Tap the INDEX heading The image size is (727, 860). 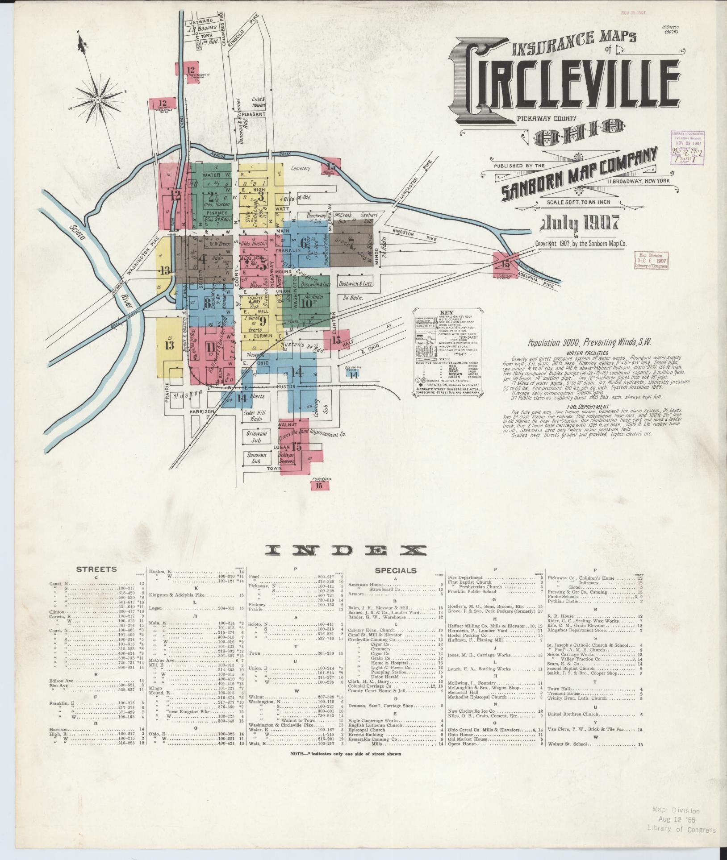[x=346, y=550]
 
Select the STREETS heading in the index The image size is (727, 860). [x=96, y=569]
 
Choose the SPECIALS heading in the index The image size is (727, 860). [x=396, y=570]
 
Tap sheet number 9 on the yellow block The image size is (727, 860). [x=263, y=320]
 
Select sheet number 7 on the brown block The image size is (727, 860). [x=351, y=244]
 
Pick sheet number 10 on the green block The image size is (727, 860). [x=306, y=303]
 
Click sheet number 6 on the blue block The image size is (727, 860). [x=304, y=244]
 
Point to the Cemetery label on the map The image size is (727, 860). [x=300, y=169]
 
